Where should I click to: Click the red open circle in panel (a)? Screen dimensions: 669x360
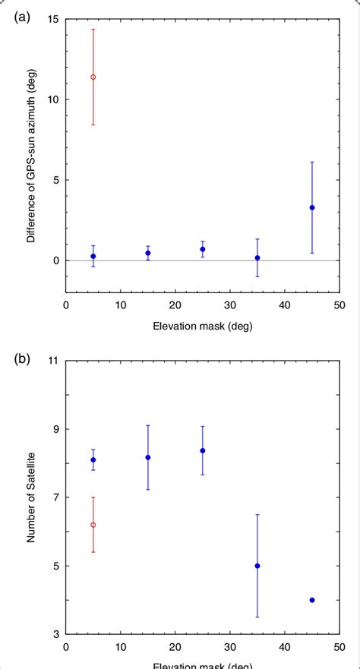click(x=93, y=77)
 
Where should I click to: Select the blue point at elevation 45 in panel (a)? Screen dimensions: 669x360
click(x=312, y=207)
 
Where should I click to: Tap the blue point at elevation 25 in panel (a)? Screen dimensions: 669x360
click(x=203, y=249)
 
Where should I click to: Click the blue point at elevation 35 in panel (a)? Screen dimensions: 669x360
click(x=257, y=258)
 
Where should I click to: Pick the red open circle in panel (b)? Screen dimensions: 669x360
click(x=93, y=525)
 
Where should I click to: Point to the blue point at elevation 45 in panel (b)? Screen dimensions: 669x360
click(x=312, y=600)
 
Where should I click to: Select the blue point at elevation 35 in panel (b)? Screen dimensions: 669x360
click(x=257, y=566)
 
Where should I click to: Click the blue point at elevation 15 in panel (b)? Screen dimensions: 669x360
click(x=148, y=457)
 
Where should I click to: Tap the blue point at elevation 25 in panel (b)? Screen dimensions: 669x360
click(x=203, y=450)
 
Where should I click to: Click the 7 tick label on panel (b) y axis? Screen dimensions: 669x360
click(x=55, y=497)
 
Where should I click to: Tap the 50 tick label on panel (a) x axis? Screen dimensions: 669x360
click(x=339, y=305)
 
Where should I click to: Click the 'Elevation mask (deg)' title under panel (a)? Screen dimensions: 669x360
click(x=203, y=326)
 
